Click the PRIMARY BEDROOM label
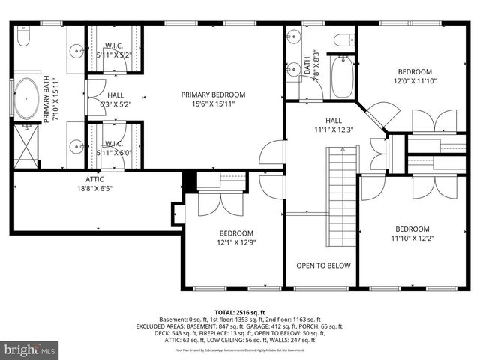click(x=213, y=94)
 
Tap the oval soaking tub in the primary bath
click(x=28, y=99)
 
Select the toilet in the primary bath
click(x=23, y=37)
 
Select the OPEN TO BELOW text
click(x=323, y=265)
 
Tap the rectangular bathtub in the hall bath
click(x=341, y=78)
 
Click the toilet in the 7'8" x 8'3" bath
click(x=345, y=40)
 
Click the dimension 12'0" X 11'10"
click(x=415, y=81)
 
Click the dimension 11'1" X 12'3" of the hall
click(x=333, y=130)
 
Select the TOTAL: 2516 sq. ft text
click(x=239, y=311)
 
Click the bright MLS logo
click(x=29, y=349)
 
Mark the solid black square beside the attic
click(x=190, y=180)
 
